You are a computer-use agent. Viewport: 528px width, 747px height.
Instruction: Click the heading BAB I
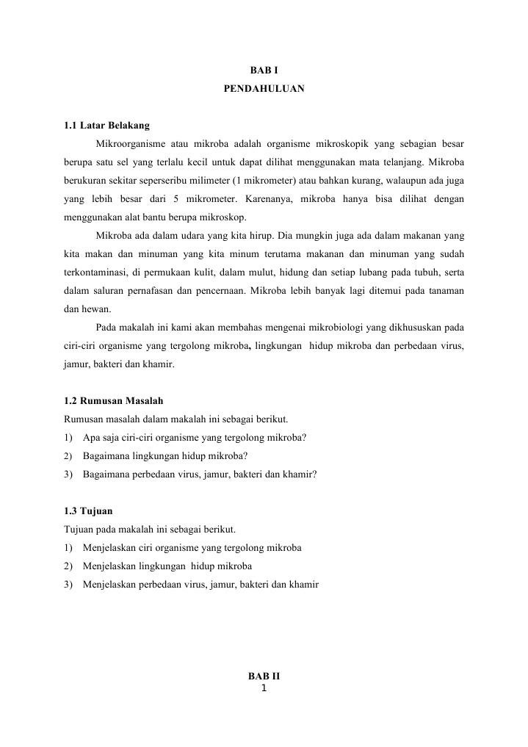pos(264,72)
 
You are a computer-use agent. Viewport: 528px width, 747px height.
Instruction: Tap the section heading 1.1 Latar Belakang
pos(107,126)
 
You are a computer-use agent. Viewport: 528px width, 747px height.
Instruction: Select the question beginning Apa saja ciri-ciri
pos(195,438)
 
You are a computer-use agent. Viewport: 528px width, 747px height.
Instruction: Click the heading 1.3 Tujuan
pos(89,510)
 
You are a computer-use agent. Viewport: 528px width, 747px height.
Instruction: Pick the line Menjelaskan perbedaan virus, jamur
pos(200,585)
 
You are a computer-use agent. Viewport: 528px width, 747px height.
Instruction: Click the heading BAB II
pos(264,675)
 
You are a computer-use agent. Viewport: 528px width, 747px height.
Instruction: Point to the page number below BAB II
pos(264,688)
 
